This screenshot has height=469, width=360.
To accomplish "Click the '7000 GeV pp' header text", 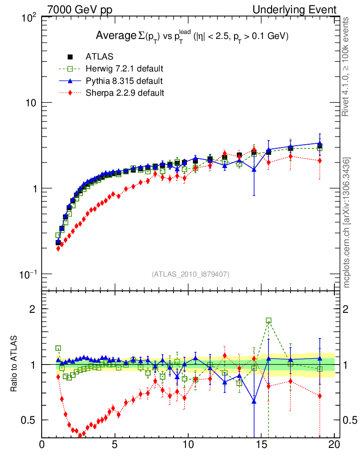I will (80, 10).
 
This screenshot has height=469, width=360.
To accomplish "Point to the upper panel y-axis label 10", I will (30, 103).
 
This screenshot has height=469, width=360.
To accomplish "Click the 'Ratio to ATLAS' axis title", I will (14, 364).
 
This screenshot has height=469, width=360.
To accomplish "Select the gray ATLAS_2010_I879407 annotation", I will (191, 274).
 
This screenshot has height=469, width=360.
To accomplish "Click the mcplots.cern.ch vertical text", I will (347, 223).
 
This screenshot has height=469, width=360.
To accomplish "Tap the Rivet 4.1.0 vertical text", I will (347, 66).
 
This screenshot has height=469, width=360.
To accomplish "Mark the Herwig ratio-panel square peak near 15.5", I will (268, 321).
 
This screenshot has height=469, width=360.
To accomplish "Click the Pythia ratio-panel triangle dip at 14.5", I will (254, 402).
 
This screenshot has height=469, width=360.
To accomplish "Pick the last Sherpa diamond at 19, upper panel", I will (320, 160).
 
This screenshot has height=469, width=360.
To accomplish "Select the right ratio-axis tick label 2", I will (350, 309).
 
